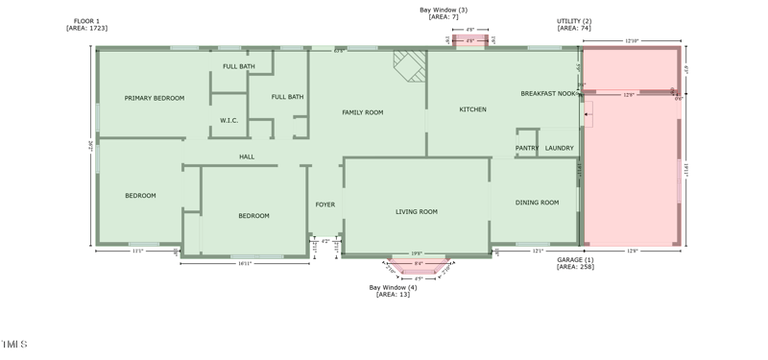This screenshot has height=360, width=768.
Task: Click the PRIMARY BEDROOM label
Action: click(154, 98)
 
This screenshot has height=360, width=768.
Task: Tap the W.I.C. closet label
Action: click(228, 121)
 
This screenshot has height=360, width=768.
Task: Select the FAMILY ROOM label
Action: click(362, 112)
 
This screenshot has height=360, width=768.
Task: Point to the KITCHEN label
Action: click(472, 109)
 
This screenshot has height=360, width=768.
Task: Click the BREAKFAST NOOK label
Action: click(548, 94)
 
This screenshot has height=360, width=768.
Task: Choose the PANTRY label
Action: click(527, 148)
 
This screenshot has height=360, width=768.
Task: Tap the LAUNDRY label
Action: click(559, 148)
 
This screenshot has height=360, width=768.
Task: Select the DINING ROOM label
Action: click(537, 203)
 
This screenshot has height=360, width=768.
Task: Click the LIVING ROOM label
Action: click(416, 211)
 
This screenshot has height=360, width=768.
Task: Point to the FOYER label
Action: click(325, 204)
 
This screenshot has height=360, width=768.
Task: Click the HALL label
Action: click(247, 156)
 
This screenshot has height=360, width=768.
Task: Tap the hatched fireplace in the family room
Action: click(410, 64)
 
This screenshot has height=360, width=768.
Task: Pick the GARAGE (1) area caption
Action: click(575, 263)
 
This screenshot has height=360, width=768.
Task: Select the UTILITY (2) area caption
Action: click(574, 24)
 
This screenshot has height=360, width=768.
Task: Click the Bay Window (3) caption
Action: click(443, 13)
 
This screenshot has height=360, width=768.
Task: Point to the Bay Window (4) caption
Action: click(393, 291)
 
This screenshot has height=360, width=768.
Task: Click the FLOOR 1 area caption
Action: click(86, 24)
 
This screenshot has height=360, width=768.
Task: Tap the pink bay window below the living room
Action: click(418, 265)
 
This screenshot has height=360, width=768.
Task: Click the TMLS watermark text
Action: click(14, 344)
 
